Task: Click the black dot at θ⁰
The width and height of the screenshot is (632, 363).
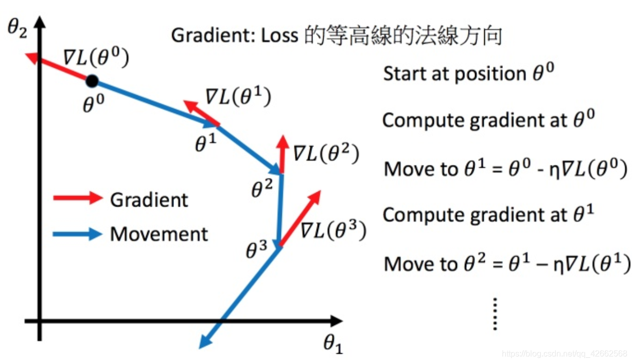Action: point(92,81)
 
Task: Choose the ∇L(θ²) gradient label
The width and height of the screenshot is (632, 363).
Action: point(325,153)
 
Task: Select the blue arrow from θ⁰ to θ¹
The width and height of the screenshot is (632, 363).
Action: point(154,102)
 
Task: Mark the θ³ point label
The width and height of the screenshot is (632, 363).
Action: point(256,251)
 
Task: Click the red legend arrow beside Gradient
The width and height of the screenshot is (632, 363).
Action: point(78,198)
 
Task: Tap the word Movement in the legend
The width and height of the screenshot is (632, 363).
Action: point(159,234)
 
